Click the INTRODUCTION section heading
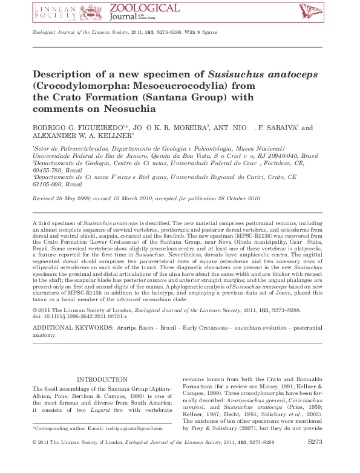102,380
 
